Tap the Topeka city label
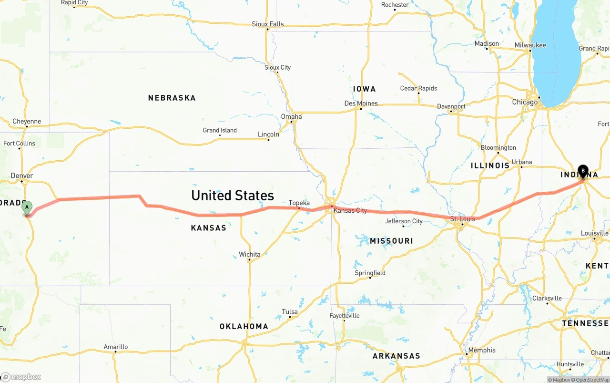(299, 203)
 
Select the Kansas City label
(350, 210)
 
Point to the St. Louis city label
(463, 219)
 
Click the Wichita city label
(250, 254)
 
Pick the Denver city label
(22, 176)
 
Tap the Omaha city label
(291, 116)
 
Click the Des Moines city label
(361, 103)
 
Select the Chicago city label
(525, 102)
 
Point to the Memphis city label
(482, 350)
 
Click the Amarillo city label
(116, 347)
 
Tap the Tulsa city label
(290, 312)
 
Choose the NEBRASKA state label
(172, 98)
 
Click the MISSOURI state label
(391, 241)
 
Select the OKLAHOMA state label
(244, 327)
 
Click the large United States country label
(233, 195)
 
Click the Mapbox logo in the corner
(21, 377)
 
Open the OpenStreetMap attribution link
(592, 380)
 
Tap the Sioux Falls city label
(268, 24)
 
